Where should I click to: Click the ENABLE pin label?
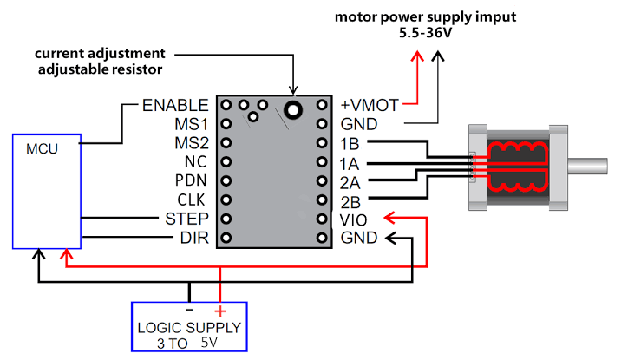coord(174,105)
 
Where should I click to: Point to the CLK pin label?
coord(191,200)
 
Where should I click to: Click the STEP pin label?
coord(186,219)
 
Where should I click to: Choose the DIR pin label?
coord(193,238)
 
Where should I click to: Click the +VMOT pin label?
coord(369,105)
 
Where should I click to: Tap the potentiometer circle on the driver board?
coord(294,109)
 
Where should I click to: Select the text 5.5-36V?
coord(426,35)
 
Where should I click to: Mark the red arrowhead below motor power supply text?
coord(417,57)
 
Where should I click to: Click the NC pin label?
coord(194,161)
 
